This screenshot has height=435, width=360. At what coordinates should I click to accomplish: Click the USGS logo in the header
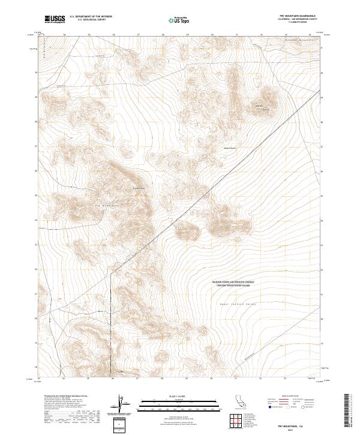pos(55,19)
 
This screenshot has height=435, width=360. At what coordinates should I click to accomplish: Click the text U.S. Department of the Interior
pos(91,17)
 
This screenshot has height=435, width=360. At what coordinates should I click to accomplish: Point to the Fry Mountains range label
pos(107,206)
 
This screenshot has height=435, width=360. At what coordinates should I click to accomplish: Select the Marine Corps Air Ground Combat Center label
pos(233,283)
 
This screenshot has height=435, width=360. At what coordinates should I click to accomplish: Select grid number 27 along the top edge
pos(138,34)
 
